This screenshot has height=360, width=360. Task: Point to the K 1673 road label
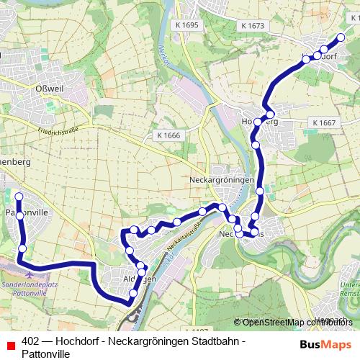[x=253, y=25]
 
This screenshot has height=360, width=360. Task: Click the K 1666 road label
[x=168, y=135]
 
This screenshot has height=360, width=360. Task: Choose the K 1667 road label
[x=324, y=122]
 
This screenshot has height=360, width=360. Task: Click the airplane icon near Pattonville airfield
[x=29, y=274]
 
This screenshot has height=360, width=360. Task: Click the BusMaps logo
[x=322, y=343]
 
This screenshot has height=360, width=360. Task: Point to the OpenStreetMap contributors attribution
[x=296, y=323]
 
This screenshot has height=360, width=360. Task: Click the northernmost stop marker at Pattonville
[x=19, y=196]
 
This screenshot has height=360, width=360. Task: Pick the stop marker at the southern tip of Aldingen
[x=132, y=293]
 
